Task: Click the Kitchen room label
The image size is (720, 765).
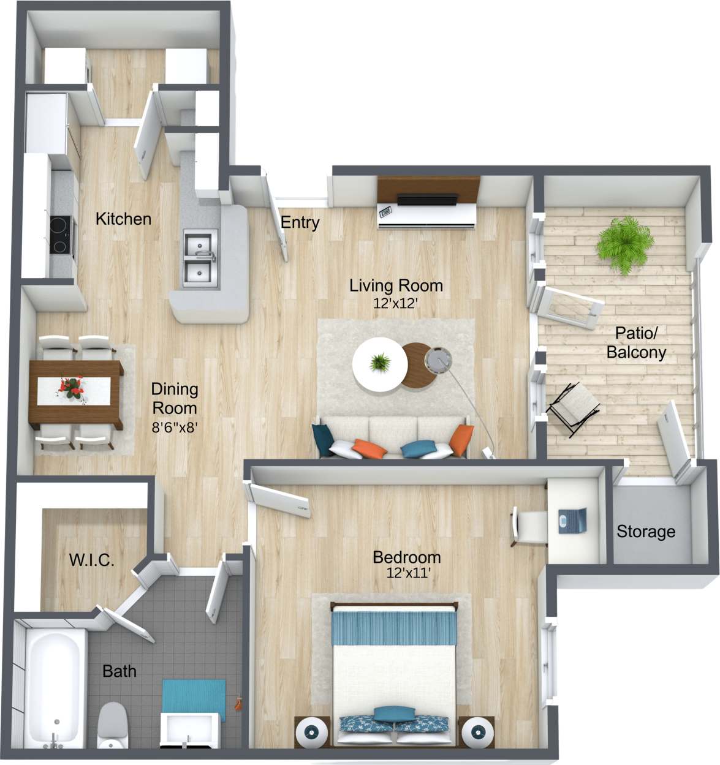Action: (123, 219)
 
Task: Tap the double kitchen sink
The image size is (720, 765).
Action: (200, 257)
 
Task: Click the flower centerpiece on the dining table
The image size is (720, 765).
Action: (72, 388)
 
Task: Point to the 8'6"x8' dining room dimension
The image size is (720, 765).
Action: (174, 428)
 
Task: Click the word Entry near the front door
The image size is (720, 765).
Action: (300, 222)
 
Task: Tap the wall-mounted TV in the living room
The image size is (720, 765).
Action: (427, 200)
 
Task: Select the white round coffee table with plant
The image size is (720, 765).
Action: (380, 365)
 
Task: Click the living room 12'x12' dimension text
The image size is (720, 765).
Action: (396, 303)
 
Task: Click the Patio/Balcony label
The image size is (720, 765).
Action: (636, 342)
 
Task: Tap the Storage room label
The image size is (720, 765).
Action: (646, 532)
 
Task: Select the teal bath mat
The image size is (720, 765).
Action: (194, 701)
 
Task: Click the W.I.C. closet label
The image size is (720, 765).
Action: (92, 559)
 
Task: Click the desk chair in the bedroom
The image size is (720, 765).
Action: (529, 526)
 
